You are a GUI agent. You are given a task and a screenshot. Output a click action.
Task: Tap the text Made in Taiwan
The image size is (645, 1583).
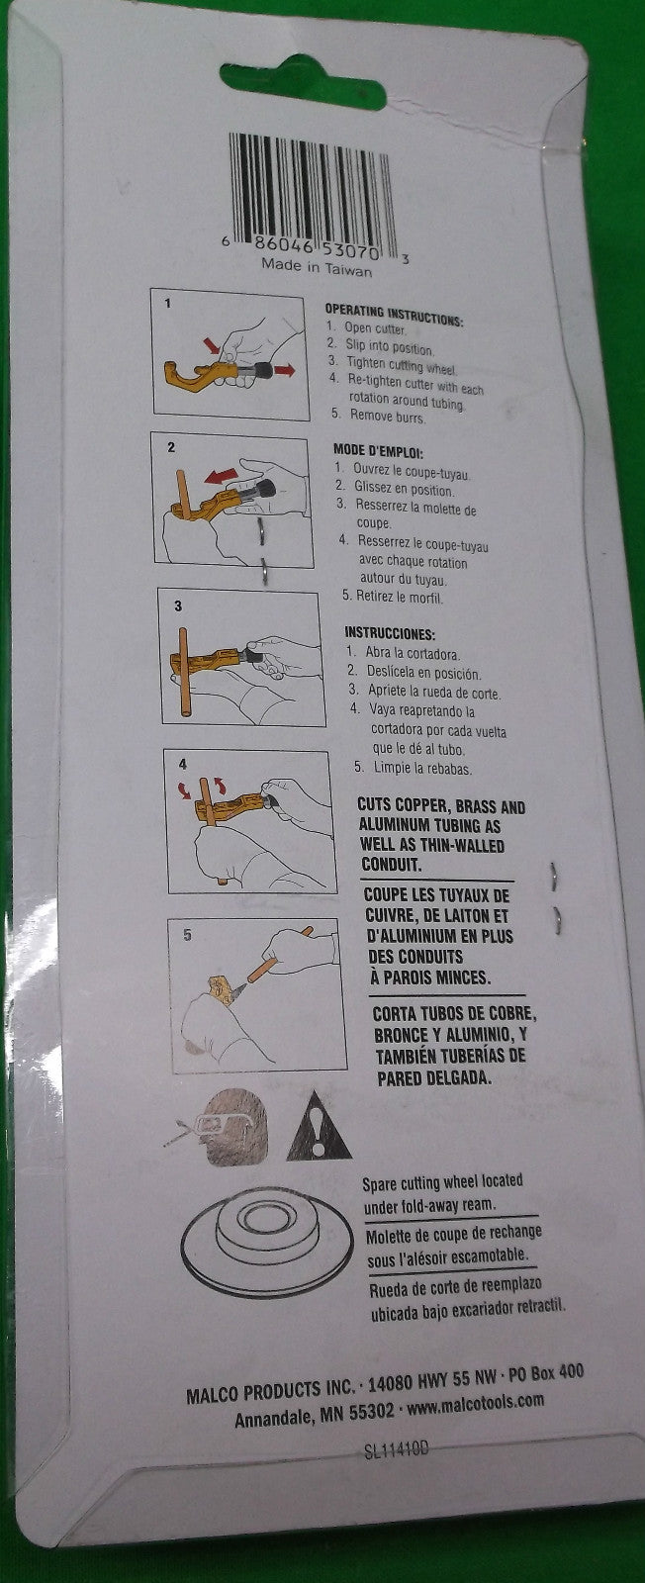pos(317,267)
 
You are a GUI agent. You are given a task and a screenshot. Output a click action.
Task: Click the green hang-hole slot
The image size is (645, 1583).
pos(303,82)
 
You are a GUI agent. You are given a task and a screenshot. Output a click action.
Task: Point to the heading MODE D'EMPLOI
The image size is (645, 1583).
pos(378,451)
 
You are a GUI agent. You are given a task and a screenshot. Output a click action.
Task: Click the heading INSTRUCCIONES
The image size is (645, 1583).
pos(390,634)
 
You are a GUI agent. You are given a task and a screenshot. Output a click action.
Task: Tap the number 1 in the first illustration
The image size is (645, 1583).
pos(167,304)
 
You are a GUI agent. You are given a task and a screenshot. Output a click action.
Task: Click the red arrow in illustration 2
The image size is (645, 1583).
pos(221,476)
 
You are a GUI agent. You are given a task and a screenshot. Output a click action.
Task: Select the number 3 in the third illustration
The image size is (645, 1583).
pos(178,605)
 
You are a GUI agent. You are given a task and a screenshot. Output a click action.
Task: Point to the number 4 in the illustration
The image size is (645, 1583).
pos(183,764)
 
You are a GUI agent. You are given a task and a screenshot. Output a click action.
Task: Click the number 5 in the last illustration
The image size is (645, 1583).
pos(187,935)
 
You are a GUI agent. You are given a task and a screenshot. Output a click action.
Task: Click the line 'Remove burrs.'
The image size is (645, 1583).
pos(387,417)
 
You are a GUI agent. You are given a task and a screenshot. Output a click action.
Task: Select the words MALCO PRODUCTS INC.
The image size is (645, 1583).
pos(271,1391)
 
